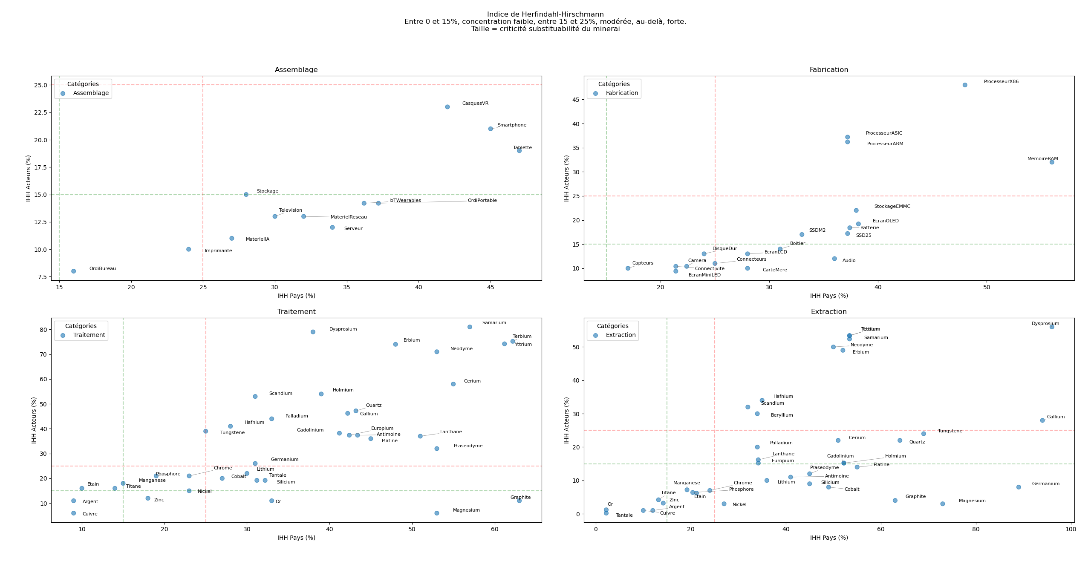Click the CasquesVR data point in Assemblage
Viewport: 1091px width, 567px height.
pyautogui.click(x=447, y=107)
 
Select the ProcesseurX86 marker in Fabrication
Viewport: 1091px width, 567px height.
pyautogui.click(x=965, y=85)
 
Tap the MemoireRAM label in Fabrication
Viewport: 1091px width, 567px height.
pyautogui.click(x=1042, y=159)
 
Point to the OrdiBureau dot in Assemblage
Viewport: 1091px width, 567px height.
pyautogui.click(x=73, y=271)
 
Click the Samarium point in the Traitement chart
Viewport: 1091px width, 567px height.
pyautogui.click(x=470, y=327)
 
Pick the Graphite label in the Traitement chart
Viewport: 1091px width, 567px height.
pyautogui.click(x=520, y=498)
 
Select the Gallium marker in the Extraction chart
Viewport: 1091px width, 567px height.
pyautogui.click(x=1042, y=420)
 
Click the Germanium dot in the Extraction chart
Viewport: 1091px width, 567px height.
pyautogui.click(x=1019, y=487)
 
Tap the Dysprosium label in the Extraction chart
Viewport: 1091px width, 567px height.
pyautogui.click(x=1045, y=324)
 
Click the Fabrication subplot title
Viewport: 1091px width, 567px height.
pyautogui.click(x=828, y=70)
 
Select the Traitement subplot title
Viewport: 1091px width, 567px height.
pyautogui.click(x=296, y=312)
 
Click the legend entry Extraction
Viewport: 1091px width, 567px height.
pyautogui.click(x=621, y=335)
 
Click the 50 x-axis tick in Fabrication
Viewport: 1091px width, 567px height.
pyautogui.click(x=987, y=288)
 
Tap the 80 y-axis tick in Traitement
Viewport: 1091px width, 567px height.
pyautogui.click(x=43, y=330)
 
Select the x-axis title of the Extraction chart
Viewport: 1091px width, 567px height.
pyautogui.click(x=828, y=538)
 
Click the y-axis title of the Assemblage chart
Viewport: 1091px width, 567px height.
pyautogui.click(x=29, y=178)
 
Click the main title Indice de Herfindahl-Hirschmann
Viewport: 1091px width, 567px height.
pyautogui.click(x=545, y=14)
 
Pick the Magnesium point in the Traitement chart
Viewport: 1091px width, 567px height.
pyautogui.click(x=436, y=513)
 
